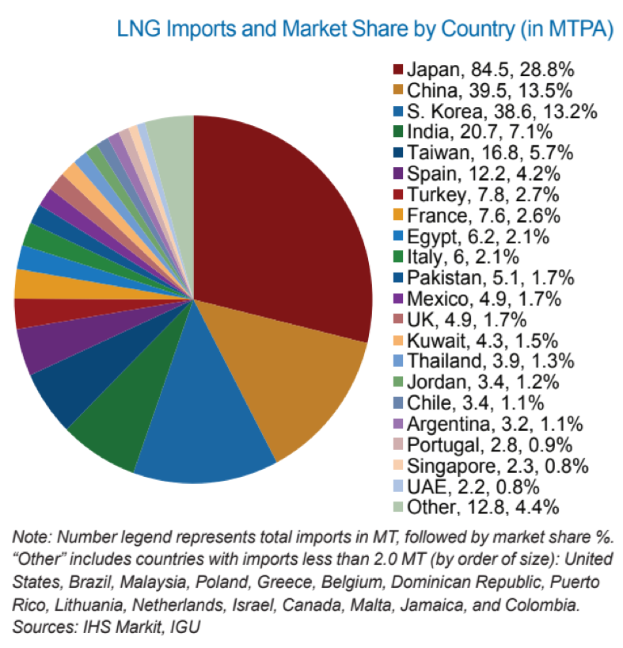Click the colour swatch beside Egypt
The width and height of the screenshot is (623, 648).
click(400, 236)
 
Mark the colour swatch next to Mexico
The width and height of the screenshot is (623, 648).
click(400, 299)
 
